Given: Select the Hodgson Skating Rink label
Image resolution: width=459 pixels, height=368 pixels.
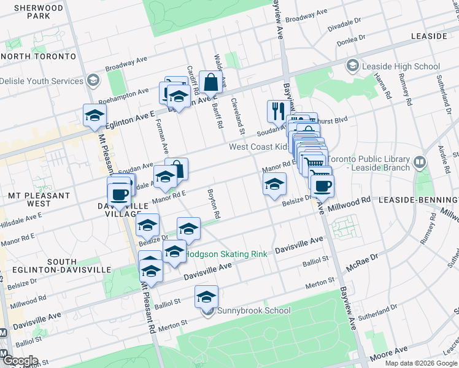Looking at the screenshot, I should point(225,253).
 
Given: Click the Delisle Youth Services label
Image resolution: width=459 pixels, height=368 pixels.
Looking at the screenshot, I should point(41,81).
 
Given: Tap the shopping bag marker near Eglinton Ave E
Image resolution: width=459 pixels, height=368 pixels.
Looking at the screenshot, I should point(210,82).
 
